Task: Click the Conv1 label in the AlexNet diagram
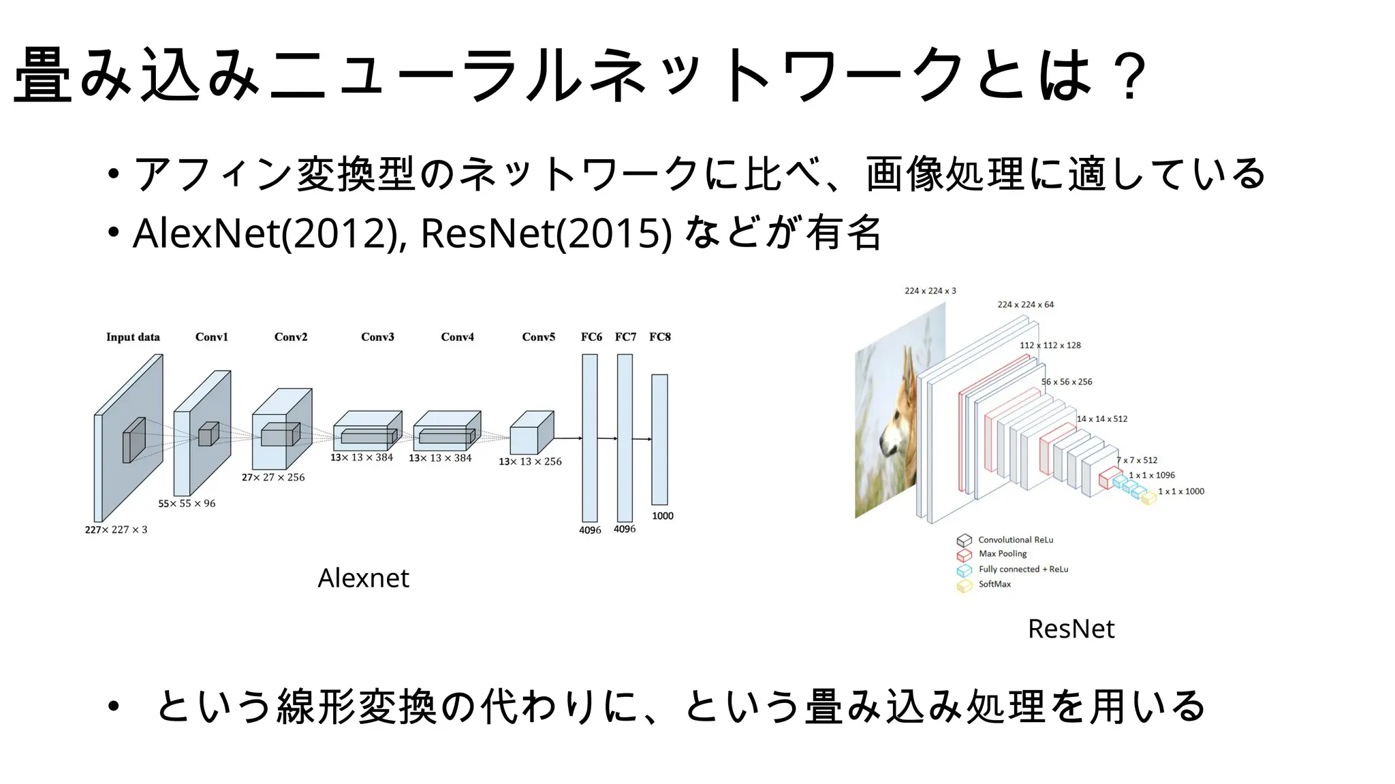point(211,337)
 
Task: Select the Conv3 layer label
point(377,337)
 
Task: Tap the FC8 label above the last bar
point(659,337)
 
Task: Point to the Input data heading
point(133,337)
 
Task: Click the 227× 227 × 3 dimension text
point(116,529)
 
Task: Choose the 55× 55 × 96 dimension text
point(187,504)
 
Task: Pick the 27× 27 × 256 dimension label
point(273,477)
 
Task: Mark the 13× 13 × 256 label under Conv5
point(530,461)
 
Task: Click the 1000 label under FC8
point(662,516)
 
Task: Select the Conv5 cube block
point(531,434)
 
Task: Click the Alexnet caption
point(363,578)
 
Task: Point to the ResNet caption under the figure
point(1071,629)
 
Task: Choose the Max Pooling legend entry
point(1002,554)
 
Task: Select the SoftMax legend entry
point(994,584)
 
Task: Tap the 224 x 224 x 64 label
point(1025,304)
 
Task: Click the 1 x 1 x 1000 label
point(1180,491)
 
